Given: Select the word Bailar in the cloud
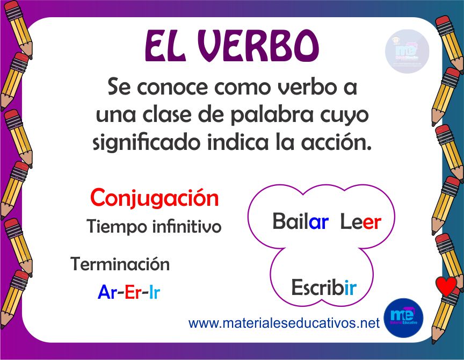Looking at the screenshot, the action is (300, 221).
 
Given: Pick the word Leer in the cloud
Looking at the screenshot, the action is (361, 222).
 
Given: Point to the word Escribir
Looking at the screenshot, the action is (324, 287).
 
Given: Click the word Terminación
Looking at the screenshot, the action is (120, 264).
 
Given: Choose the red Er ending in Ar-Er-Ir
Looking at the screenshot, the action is (133, 292).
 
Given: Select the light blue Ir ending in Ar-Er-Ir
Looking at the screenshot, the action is (155, 292).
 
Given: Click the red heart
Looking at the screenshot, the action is (446, 286).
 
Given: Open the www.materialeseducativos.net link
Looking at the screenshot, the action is (284, 322).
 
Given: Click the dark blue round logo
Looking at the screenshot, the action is (403, 318).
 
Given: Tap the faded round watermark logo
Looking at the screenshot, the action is (407, 51).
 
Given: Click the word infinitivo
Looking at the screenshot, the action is (187, 227).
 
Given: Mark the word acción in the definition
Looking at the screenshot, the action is (336, 142).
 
